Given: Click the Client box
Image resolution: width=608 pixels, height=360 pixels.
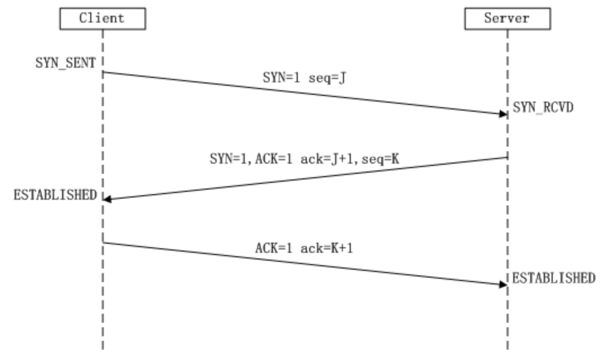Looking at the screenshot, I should coord(102,19).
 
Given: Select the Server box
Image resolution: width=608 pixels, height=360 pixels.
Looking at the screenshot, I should coord(507,19).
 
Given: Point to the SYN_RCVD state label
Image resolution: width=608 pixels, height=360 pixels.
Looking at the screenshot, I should coord(543,107).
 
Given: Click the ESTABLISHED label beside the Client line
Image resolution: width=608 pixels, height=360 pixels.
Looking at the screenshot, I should coord(55,195).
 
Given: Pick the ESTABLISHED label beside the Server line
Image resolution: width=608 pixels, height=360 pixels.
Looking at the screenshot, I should coord(553,278).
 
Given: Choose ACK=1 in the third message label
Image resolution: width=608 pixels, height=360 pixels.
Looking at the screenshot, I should coord(271,248).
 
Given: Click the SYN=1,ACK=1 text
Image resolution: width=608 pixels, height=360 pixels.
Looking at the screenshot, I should coord(246,160).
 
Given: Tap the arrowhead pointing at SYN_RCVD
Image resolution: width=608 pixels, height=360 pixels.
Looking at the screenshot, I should coord(503,114).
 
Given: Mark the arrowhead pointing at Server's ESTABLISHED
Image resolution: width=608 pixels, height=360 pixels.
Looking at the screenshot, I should coord(503,284).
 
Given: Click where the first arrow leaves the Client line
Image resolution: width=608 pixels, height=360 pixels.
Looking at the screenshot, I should coord(103,72).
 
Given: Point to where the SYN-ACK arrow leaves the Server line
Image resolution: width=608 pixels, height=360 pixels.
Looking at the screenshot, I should coord(507,157).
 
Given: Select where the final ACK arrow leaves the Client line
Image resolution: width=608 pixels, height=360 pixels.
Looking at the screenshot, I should coord(103,243).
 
